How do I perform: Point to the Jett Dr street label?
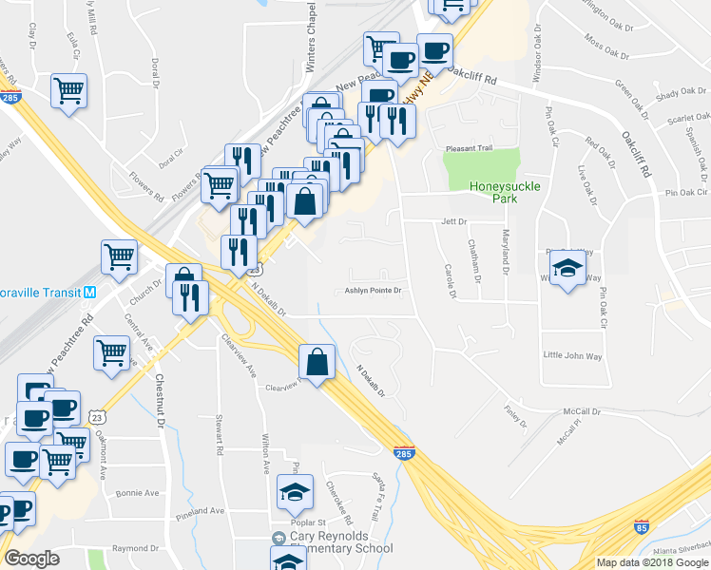(455, 221)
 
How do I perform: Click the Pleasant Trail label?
(471, 148)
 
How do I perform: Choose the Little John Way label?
(572, 355)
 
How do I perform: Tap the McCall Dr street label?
(582, 412)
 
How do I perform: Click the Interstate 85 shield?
(642, 525)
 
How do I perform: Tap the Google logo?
(31, 559)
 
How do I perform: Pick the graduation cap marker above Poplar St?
(295, 492)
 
